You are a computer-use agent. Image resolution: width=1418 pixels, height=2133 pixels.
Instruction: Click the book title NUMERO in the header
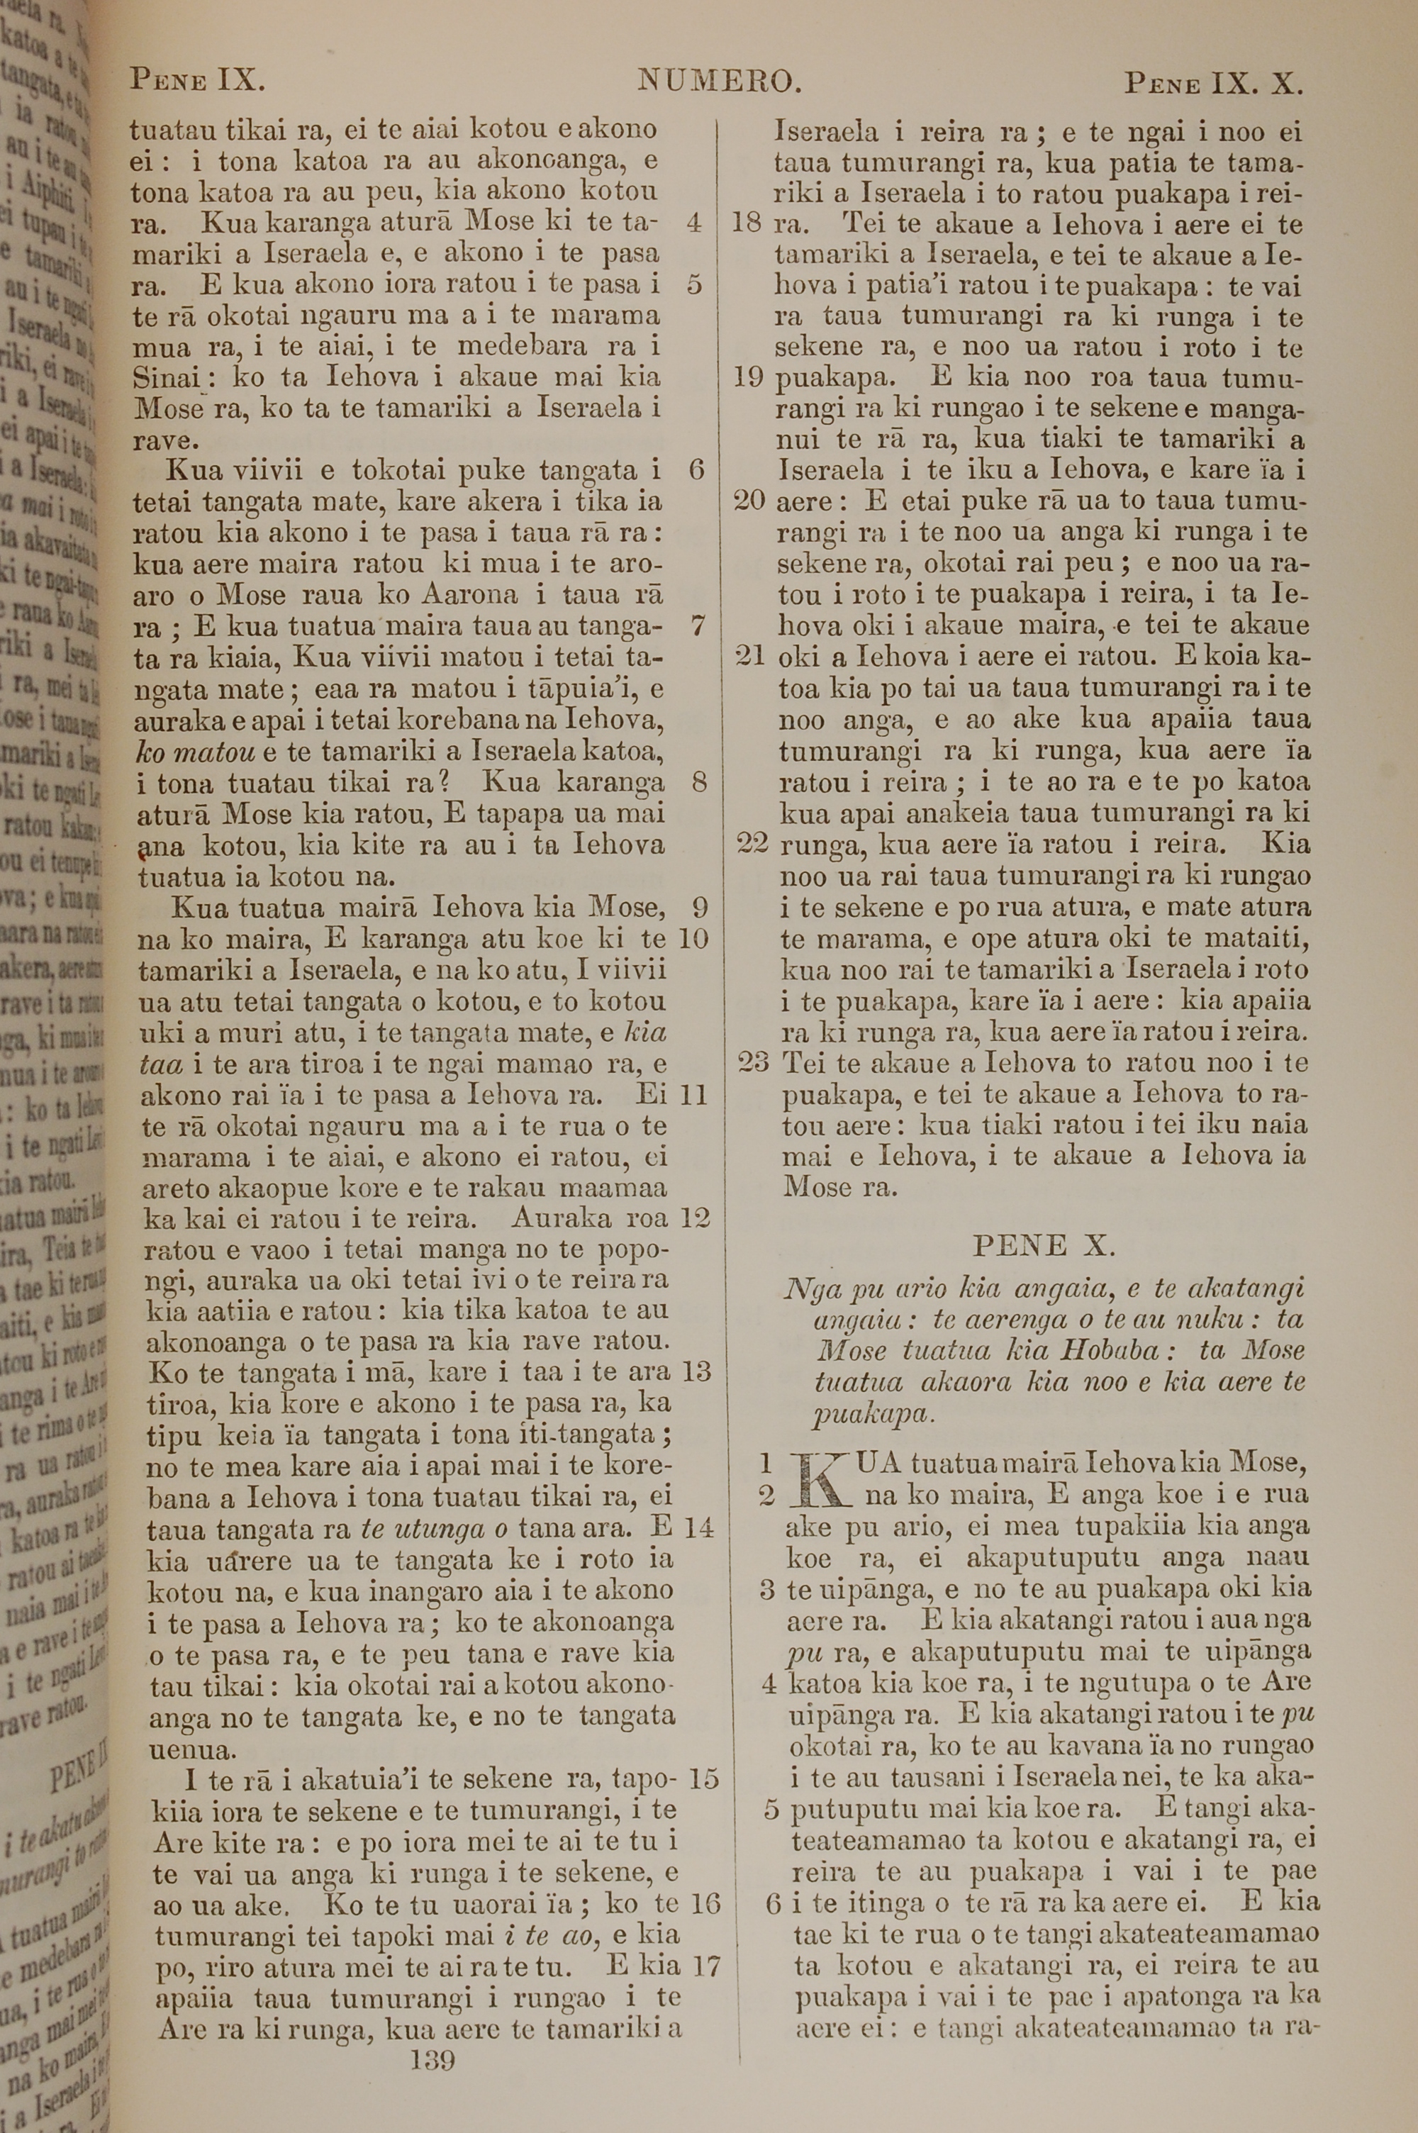click(x=719, y=82)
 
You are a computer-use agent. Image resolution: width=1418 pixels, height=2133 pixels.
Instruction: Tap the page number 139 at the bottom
click(x=432, y=2035)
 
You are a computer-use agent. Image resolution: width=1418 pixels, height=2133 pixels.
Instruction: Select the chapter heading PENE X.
click(x=1044, y=1246)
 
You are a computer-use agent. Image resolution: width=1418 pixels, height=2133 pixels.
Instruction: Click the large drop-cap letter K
click(x=820, y=1478)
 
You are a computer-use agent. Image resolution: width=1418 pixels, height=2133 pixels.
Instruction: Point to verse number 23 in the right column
click(x=753, y=1062)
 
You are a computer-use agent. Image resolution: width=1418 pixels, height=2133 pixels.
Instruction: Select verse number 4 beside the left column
click(x=693, y=223)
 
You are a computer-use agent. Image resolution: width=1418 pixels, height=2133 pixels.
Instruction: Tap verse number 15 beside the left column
click(x=703, y=1778)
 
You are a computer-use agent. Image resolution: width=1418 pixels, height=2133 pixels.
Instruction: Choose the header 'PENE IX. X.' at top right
click(x=1212, y=84)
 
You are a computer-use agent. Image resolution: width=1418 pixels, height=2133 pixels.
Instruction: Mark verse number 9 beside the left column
click(x=698, y=906)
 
